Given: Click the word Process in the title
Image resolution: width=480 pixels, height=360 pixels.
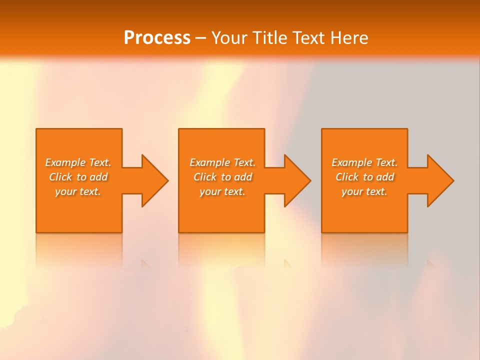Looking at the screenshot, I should [157, 38].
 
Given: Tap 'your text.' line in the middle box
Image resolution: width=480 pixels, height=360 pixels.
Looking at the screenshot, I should [222, 191].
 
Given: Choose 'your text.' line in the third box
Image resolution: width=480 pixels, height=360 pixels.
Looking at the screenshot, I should [364, 191].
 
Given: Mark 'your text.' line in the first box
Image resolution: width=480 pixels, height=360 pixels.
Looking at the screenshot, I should [78, 191].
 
